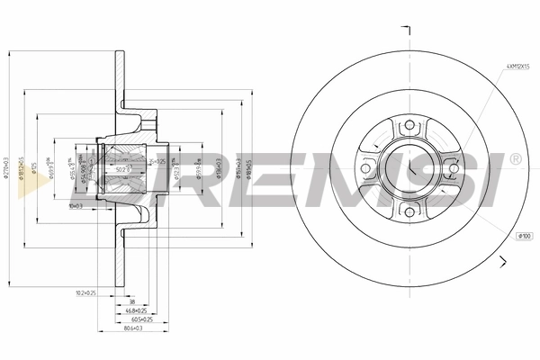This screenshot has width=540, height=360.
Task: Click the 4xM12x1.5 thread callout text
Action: [518, 66]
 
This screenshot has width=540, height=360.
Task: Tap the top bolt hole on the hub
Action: [409, 125]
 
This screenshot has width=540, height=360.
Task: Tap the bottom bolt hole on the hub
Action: [409, 212]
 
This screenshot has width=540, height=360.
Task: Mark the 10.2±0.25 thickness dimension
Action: [85, 292]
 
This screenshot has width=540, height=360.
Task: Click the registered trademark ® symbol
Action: [515, 158]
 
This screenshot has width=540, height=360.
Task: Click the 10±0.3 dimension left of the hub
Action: [76, 206]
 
